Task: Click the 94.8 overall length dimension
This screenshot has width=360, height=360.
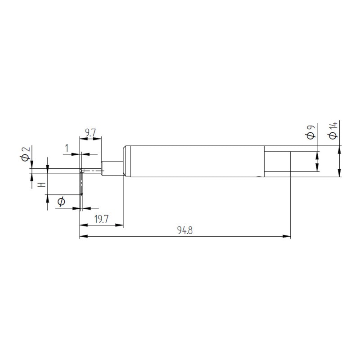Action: point(185,230)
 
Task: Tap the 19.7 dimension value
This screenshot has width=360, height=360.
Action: point(101,219)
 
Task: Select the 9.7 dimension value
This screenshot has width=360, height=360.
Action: point(90,133)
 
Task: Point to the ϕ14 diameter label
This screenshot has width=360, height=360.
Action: point(333,130)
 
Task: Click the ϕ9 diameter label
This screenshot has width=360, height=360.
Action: point(311,132)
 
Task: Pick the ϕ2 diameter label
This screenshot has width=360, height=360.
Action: point(26,154)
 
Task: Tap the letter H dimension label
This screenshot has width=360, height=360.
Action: point(41,184)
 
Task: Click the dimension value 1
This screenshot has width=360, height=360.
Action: point(67,148)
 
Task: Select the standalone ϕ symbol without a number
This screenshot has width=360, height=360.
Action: point(61,202)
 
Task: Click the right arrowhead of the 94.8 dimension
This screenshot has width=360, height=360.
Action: point(287,236)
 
